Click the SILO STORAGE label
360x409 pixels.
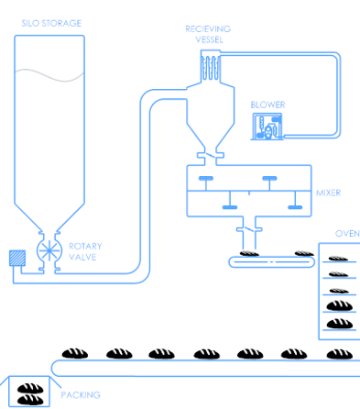50,23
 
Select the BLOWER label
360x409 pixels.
267,105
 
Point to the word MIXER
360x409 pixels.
328,193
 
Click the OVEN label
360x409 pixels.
347,233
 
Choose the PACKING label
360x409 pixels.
81,395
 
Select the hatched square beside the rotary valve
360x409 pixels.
16,258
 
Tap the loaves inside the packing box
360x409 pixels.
31,392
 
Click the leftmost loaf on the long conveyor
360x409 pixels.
74,353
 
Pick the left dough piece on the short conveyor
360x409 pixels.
248,254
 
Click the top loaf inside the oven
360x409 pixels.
338,260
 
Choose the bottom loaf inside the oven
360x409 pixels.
339,323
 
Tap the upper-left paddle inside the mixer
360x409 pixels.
206,178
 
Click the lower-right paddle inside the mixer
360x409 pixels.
295,207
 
